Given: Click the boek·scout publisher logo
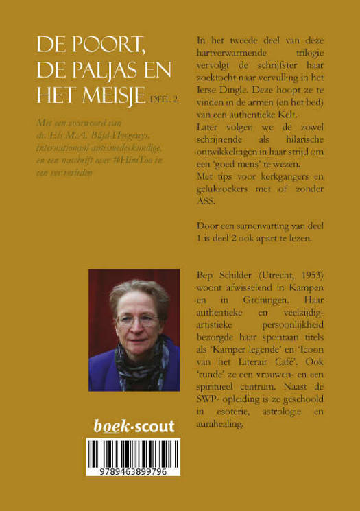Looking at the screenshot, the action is pyautogui.click(x=134, y=427).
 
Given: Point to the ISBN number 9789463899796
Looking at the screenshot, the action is pyautogui.click(x=134, y=471).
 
